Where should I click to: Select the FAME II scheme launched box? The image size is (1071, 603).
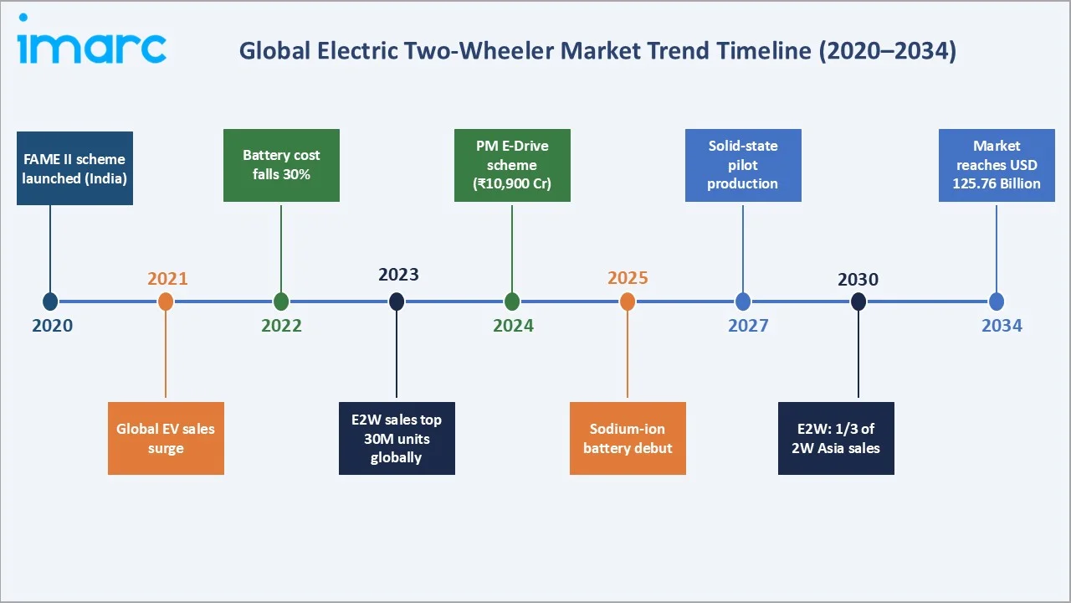pyautogui.click(x=74, y=168)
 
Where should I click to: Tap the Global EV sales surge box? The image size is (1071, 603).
pyautogui.click(x=166, y=438)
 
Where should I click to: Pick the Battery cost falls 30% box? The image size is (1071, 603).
pyautogui.click(x=281, y=165)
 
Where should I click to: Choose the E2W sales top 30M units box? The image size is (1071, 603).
pyautogui.click(x=397, y=438)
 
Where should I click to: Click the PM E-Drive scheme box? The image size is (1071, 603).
pyautogui.click(x=512, y=165)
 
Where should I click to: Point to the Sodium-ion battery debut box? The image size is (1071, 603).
pyautogui.click(x=628, y=438)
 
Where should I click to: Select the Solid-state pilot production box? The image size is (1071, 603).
pyautogui.click(x=743, y=165)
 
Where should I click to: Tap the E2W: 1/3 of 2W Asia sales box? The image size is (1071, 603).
pyautogui.click(x=836, y=438)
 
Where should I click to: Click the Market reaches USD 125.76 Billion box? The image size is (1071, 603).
pyautogui.click(x=997, y=165)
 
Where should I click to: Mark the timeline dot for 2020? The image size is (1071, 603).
pyautogui.click(x=50, y=301)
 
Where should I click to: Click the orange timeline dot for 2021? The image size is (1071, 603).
pyautogui.click(x=166, y=301)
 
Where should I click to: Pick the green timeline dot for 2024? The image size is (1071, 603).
pyautogui.click(x=512, y=301)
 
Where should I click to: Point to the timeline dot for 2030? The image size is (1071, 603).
pyautogui.click(x=858, y=301)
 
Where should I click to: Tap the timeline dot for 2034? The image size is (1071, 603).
pyautogui.click(x=997, y=301)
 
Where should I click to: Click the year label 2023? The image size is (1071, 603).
pyautogui.click(x=398, y=275)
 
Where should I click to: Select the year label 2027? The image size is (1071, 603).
pyautogui.click(x=748, y=326)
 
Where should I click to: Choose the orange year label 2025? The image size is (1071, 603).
pyautogui.click(x=628, y=278)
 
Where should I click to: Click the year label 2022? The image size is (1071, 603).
pyautogui.click(x=281, y=326)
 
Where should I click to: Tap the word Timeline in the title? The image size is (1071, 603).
pyautogui.click(x=762, y=51)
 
